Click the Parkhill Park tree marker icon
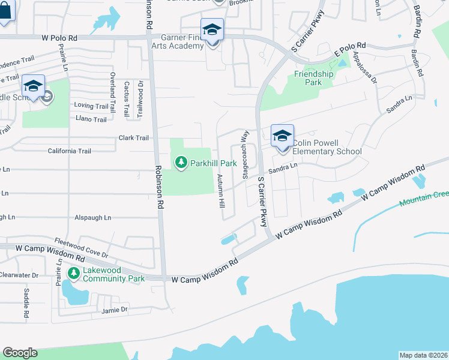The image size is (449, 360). coord(181,162)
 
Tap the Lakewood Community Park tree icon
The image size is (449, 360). coord(74,274)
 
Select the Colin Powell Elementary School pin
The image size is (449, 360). coord(282,136)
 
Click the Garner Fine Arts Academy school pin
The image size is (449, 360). coord(212,29)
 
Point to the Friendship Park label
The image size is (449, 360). coord(313,78)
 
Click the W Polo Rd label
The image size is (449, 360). coord(60,37)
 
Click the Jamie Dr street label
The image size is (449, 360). coord(115,310)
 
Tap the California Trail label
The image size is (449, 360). coord(70,151)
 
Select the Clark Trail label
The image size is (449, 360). coord(133,138)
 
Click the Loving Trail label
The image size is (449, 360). coord(91,106)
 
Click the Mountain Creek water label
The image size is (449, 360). coord(424,199)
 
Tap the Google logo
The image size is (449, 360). coord(20,353)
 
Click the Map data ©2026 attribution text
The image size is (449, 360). coord(423,355)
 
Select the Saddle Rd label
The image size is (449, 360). coord(26,304)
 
